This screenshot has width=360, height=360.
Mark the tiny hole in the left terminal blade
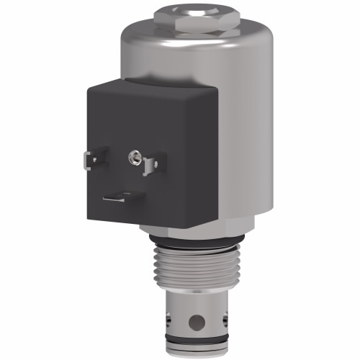94,160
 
